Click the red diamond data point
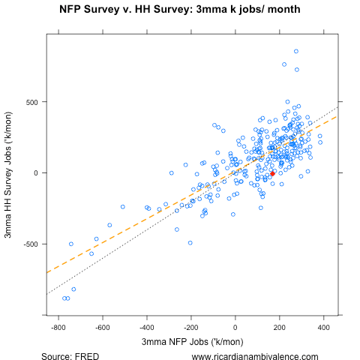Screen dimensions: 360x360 point(273,173)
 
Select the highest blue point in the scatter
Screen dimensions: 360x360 point(296,51)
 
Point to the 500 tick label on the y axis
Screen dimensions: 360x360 point(31,101)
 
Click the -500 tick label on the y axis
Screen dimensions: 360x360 point(30,244)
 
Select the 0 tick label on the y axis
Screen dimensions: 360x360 point(37,173)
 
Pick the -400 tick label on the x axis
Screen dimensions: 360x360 point(146,328)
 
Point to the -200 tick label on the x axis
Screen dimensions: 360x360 point(190,328)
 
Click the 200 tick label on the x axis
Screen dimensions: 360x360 point(280,328)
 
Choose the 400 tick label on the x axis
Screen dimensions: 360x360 point(324,328)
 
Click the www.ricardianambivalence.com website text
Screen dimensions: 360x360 point(255,356)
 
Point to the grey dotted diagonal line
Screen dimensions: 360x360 point(75,277)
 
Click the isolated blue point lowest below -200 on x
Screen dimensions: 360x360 point(190,243)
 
